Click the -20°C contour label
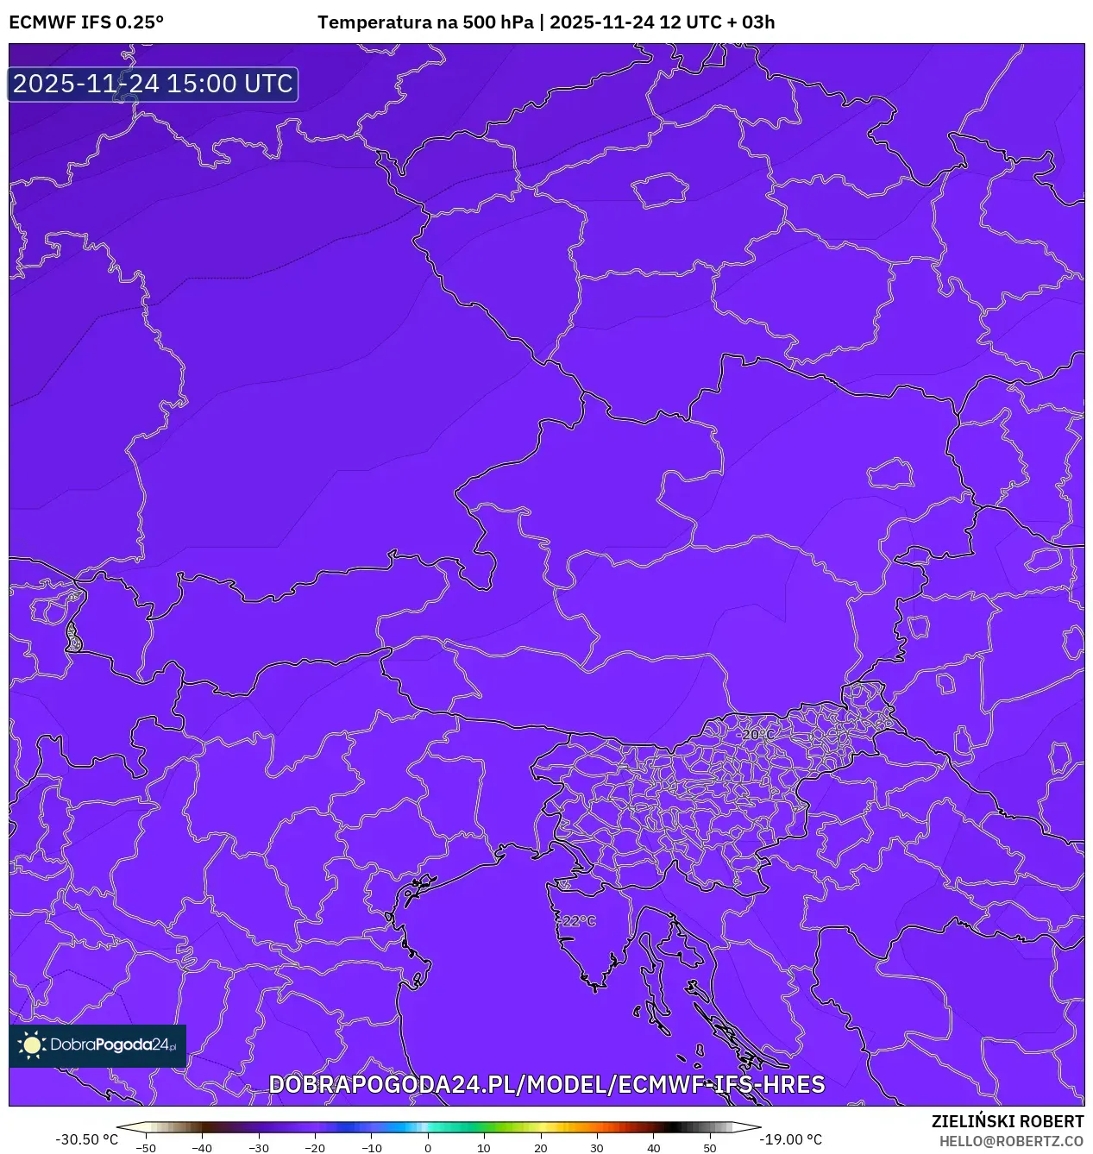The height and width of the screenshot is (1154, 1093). click(757, 735)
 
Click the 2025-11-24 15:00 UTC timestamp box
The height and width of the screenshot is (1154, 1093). click(153, 84)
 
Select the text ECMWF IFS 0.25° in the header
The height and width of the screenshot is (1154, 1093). click(86, 22)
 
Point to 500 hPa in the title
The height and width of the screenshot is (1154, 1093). click(498, 22)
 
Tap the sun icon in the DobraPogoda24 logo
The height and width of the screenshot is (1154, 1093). click(32, 1045)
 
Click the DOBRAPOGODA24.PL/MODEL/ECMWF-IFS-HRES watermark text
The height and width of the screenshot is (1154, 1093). click(546, 1085)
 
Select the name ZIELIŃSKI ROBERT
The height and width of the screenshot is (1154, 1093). click(1007, 1121)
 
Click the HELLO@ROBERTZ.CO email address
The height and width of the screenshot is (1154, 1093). click(1011, 1141)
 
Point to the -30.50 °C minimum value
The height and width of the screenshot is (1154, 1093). click(86, 1139)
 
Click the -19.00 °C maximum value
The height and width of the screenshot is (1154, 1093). click(790, 1139)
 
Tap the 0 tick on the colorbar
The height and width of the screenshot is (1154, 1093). click(428, 1148)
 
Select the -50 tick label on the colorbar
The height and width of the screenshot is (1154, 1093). click(146, 1148)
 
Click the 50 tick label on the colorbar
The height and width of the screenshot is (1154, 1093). click(709, 1148)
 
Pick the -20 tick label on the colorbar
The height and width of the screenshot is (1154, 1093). click(315, 1148)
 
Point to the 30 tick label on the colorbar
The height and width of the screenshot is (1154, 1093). click(597, 1148)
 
